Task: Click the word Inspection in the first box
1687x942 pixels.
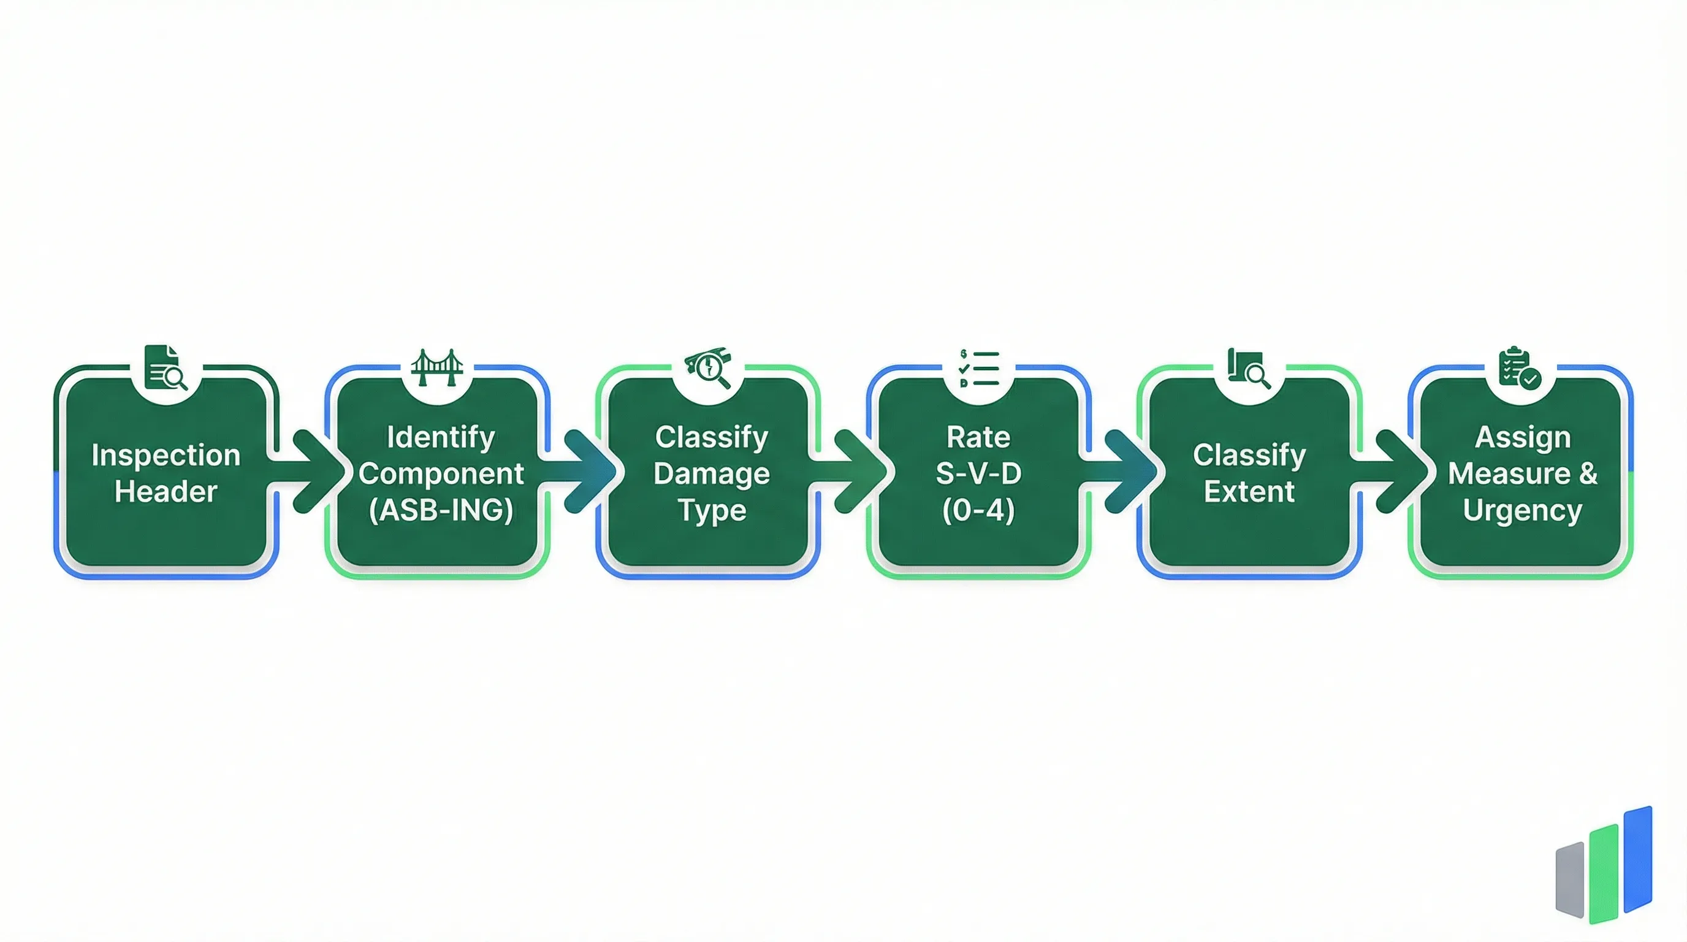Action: click(166, 455)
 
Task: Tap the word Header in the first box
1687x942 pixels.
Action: click(166, 491)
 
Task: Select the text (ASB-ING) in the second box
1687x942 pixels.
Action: click(441, 510)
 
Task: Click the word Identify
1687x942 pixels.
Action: click(441, 437)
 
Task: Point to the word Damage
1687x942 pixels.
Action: click(711, 473)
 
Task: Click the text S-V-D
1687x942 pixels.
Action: click(978, 473)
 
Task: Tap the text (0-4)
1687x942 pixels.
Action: click(978, 510)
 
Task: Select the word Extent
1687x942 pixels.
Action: click(1249, 491)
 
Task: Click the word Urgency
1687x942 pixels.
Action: click(1522, 510)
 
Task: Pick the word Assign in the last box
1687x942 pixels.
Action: click(1522, 437)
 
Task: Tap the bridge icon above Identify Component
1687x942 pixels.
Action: click(437, 367)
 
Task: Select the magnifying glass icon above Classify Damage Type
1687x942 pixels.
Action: click(708, 369)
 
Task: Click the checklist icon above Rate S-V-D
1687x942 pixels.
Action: click(979, 368)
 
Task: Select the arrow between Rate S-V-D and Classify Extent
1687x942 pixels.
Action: click(1125, 471)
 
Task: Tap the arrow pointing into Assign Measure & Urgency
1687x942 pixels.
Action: click(1396, 471)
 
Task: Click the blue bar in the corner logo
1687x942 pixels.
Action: click(1638, 859)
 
